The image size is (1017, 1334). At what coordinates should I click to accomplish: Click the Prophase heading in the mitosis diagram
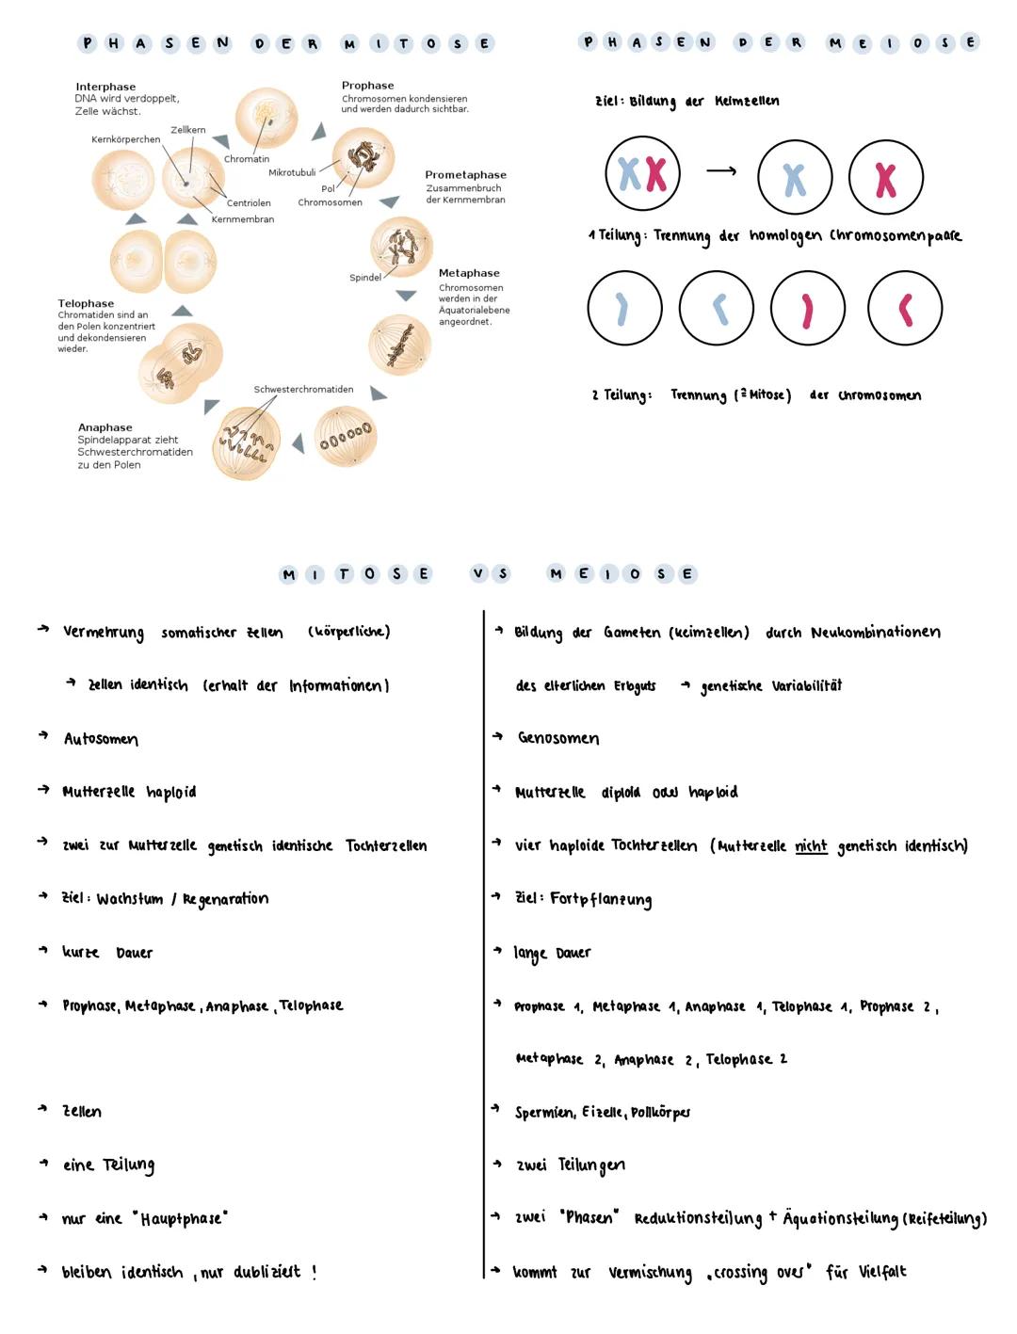[x=367, y=86]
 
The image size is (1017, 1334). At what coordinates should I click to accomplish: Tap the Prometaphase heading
[x=465, y=175]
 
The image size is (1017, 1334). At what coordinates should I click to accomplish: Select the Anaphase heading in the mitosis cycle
[x=105, y=427]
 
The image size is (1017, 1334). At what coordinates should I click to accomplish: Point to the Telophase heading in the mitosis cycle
[x=86, y=304]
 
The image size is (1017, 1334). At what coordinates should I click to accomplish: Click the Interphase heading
[x=105, y=87]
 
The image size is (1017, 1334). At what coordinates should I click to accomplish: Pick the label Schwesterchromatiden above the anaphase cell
[x=303, y=390]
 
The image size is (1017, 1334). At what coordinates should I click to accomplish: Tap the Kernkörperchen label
[x=125, y=140]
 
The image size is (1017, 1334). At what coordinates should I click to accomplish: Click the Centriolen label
[x=249, y=203]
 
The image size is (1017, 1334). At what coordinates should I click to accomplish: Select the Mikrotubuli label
[x=292, y=173]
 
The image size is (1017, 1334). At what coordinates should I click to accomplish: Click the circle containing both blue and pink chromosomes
[x=643, y=174]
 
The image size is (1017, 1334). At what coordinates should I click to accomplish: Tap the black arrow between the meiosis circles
[x=721, y=171]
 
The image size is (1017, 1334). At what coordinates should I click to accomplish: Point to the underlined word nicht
[x=811, y=846]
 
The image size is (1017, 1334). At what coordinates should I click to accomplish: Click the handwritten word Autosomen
[x=101, y=740]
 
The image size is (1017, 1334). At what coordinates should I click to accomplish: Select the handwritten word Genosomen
[x=558, y=739]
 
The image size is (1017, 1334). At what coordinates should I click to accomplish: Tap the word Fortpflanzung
[x=601, y=900]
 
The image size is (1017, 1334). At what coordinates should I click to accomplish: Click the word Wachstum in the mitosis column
[x=130, y=900]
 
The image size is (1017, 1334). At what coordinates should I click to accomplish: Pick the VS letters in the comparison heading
[x=490, y=574]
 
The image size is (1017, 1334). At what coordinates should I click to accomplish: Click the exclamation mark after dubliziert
[x=315, y=1272]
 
